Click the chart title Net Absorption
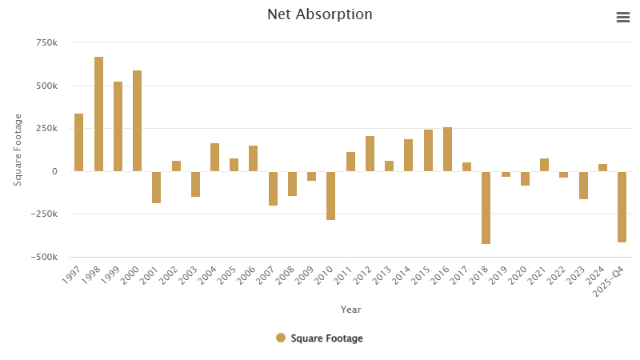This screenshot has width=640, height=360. pyautogui.click(x=319, y=14)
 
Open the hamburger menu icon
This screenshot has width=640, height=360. pyautogui.click(x=623, y=18)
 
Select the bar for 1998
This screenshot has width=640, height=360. pyautogui.click(x=98, y=114)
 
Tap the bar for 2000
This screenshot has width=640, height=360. pyautogui.click(x=138, y=121)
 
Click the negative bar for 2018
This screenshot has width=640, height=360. pyautogui.click(x=486, y=207)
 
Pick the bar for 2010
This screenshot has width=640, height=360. pyautogui.click(x=330, y=195)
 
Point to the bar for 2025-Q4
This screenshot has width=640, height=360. pyautogui.click(x=622, y=206)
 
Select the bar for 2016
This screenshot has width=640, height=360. pyautogui.click(x=447, y=149)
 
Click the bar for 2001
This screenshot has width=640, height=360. pyautogui.click(x=157, y=187)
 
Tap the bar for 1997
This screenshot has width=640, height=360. pyautogui.click(x=79, y=142)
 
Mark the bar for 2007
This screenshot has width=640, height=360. pyautogui.click(x=273, y=188)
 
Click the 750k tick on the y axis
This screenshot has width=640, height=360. pyautogui.click(x=46, y=42)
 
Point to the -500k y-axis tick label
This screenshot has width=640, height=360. pyautogui.click(x=43, y=257)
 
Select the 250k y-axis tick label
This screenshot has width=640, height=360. pyautogui.click(x=46, y=128)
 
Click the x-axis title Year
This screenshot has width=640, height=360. pyautogui.click(x=350, y=309)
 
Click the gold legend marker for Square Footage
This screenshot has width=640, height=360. pyautogui.click(x=281, y=338)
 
